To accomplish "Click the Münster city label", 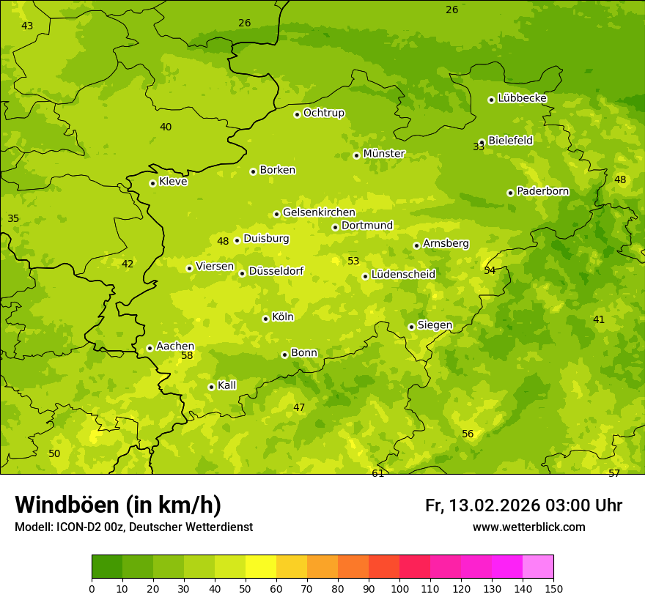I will point(384,154).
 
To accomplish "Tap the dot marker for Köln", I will point(265,319).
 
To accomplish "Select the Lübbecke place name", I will point(522,98).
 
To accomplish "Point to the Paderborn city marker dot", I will point(510,193).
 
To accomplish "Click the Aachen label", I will point(175,346).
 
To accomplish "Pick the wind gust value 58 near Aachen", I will point(187,356).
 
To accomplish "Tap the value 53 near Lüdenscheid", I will point(353,262).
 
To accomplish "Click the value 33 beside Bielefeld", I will point(479,147).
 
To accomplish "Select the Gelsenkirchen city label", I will point(319,212).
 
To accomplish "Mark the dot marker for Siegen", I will point(411,327).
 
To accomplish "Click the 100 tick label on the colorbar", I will point(399,588).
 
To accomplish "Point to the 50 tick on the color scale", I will point(246,588).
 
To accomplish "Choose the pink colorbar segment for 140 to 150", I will point(538,567).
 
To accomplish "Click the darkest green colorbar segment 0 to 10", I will point(107,567).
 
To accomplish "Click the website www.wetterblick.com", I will point(528,527).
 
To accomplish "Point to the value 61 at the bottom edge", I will point(377,474).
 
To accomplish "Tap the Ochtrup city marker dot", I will point(297,114).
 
